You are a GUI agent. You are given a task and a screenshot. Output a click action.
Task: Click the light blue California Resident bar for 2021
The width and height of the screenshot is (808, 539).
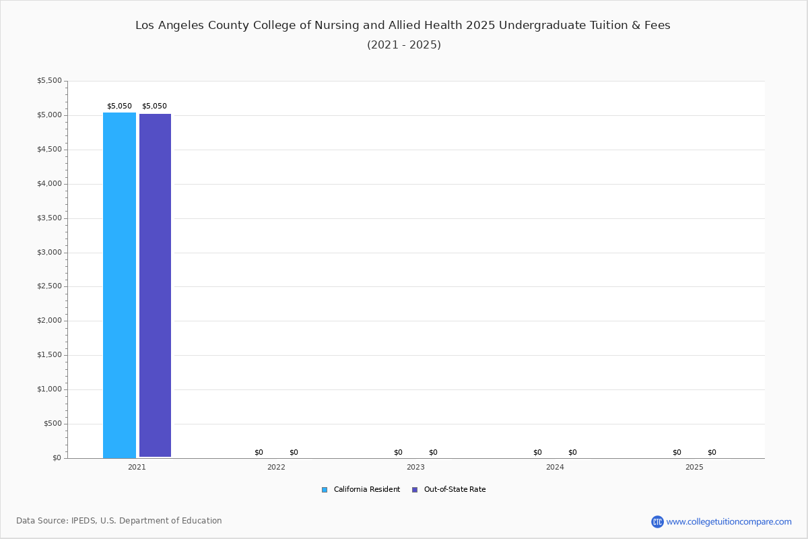point(119,285)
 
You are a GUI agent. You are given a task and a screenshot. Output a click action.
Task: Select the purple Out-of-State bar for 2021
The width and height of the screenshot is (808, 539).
point(155,286)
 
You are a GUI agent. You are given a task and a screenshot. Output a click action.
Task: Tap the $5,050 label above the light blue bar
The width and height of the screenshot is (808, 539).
point(119,106)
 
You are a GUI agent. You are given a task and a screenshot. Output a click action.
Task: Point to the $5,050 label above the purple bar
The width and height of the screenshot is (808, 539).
point(154,106)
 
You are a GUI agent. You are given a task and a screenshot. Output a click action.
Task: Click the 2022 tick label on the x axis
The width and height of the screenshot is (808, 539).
point(276,467)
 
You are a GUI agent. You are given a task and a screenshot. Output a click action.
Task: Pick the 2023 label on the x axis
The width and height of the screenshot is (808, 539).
point(415,467)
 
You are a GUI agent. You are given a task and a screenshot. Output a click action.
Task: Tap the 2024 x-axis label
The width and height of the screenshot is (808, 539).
point(555,467)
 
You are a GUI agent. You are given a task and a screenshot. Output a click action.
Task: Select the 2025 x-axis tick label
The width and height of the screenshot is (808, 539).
point(694,467)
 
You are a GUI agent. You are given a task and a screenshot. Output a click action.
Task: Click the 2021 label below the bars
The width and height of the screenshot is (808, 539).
point(137,467)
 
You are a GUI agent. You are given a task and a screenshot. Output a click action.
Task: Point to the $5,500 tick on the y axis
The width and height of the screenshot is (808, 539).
point(49,81)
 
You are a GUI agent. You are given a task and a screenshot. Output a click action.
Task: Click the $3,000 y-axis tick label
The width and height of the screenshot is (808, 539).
point(49,253)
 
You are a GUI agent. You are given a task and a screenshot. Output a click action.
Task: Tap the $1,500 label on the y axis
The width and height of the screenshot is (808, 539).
point(49,355)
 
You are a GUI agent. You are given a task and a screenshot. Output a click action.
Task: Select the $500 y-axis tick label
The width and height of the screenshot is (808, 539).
point(51,424)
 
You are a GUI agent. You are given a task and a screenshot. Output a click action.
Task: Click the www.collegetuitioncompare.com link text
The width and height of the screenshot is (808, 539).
point(729,521)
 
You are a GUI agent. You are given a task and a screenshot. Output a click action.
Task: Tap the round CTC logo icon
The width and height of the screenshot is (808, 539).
point(657,521)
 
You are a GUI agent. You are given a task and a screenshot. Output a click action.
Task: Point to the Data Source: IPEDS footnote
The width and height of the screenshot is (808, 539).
point(119,521)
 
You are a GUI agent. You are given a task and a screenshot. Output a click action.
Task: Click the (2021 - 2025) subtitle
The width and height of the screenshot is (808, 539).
point(404,45)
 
